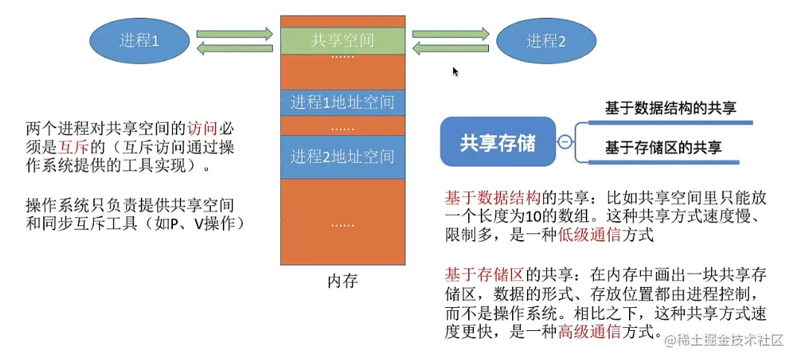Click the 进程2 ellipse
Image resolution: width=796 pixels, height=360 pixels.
click(546, 41)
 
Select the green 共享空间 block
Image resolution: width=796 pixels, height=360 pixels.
click(343, 40)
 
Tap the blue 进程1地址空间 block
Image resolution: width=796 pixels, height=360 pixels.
click(343, 102)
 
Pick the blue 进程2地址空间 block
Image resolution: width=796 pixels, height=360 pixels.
click(343, 157)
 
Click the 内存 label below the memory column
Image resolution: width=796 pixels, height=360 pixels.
click(343, 281)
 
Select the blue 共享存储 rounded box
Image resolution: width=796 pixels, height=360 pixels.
click(498, 142)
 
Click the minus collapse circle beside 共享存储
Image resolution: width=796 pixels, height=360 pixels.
click(565, 142)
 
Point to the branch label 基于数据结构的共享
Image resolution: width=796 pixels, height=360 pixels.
click(671, 108)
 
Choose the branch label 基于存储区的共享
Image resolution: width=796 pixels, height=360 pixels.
click(663, 147)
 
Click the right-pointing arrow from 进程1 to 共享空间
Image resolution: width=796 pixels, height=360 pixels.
click(235, 34)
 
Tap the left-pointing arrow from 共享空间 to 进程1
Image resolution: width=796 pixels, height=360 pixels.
click(235, 48)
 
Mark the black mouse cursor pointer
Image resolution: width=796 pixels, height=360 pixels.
click(455, 72)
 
